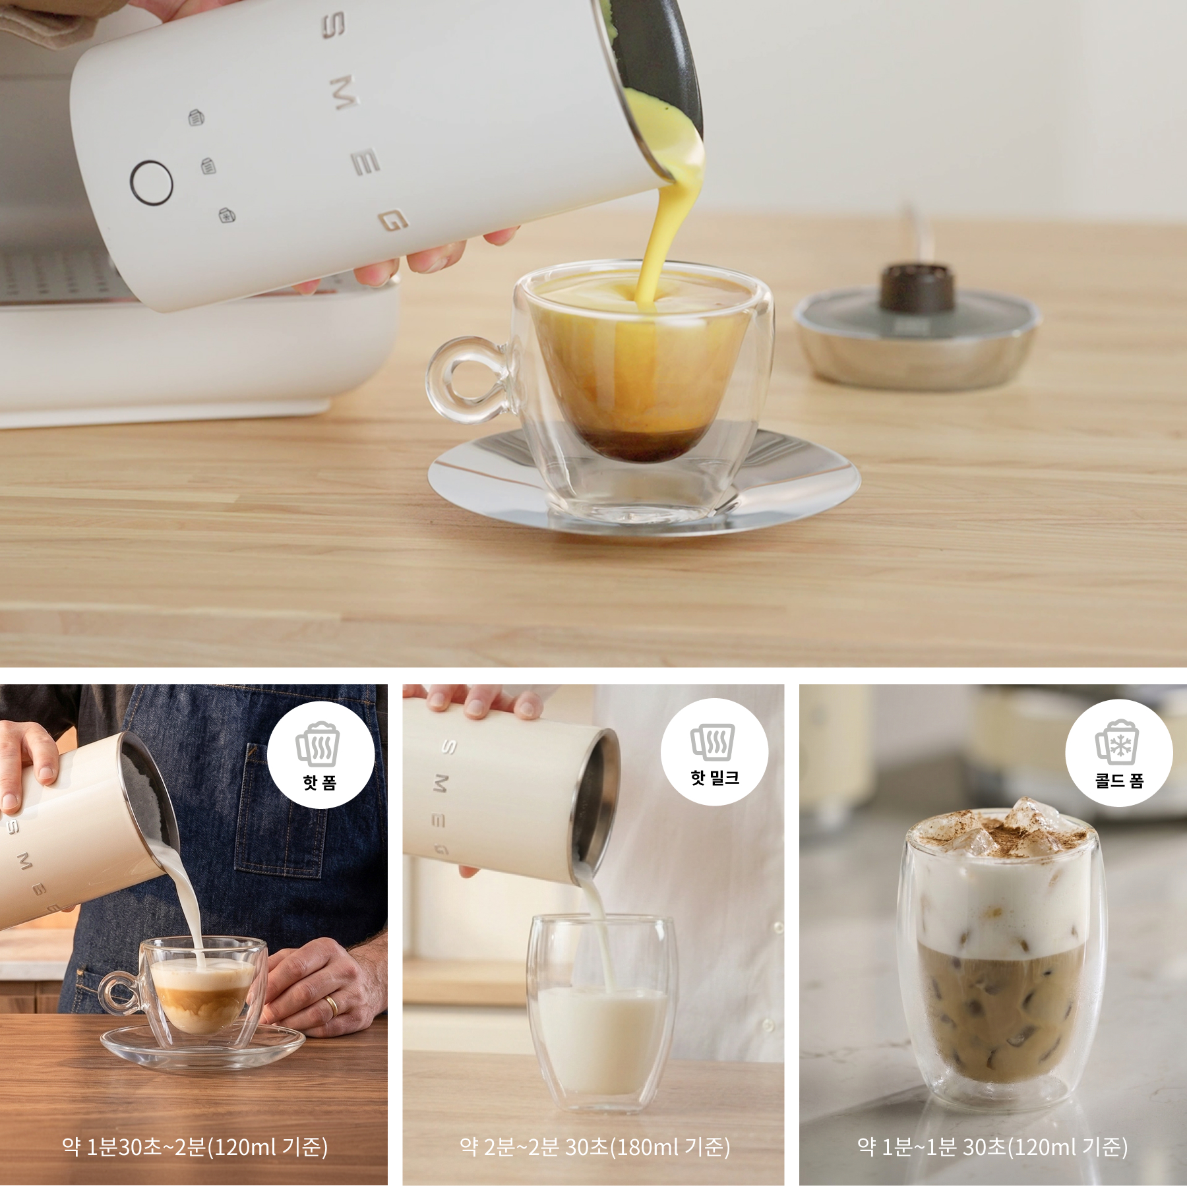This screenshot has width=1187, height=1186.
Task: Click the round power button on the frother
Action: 152,183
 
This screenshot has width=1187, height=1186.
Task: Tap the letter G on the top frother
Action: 394,221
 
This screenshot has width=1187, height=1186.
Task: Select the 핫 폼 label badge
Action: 320,755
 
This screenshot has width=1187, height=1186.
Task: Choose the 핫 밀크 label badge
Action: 715,752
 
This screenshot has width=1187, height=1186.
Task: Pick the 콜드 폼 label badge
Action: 1119,753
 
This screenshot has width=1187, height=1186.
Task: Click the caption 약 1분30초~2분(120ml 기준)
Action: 195,1147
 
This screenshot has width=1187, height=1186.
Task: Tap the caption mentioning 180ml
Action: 595,1147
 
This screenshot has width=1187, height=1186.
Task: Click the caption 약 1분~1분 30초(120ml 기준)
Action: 992,1147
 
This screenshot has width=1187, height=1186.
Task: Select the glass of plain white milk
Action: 601,1012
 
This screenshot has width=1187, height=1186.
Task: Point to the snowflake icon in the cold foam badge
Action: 1120,744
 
